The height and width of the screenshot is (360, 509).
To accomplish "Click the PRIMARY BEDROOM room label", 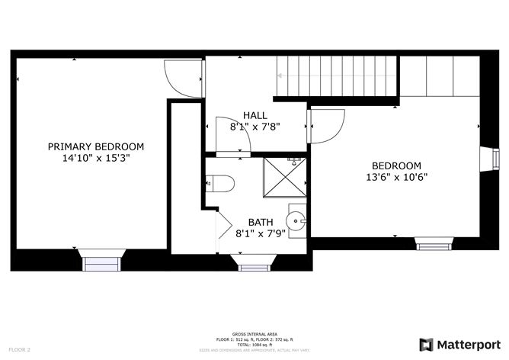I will [x=96, y=146].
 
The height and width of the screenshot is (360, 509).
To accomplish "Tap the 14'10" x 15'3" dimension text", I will [x=96, y=159].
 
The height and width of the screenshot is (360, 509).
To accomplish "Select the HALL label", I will [x=255, y=116].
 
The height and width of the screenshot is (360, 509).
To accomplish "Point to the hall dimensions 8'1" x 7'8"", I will [x=255, y=128].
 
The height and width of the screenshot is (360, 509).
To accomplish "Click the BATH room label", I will [x=260, y=223].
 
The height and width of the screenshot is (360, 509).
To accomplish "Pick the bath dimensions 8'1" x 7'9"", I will [x=260, y=235].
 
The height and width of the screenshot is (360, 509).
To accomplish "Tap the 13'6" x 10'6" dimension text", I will [x=396, y=178].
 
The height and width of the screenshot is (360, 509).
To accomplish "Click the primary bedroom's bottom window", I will [x=102, y=263].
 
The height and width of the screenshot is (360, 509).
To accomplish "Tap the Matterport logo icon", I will [x=427, y=343].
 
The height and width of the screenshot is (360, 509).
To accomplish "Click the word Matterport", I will [x=467, y=343].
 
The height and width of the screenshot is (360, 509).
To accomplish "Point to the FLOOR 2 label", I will [x=18, y=349].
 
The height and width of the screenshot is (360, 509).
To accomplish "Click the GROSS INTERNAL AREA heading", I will [x=254, y=333].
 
